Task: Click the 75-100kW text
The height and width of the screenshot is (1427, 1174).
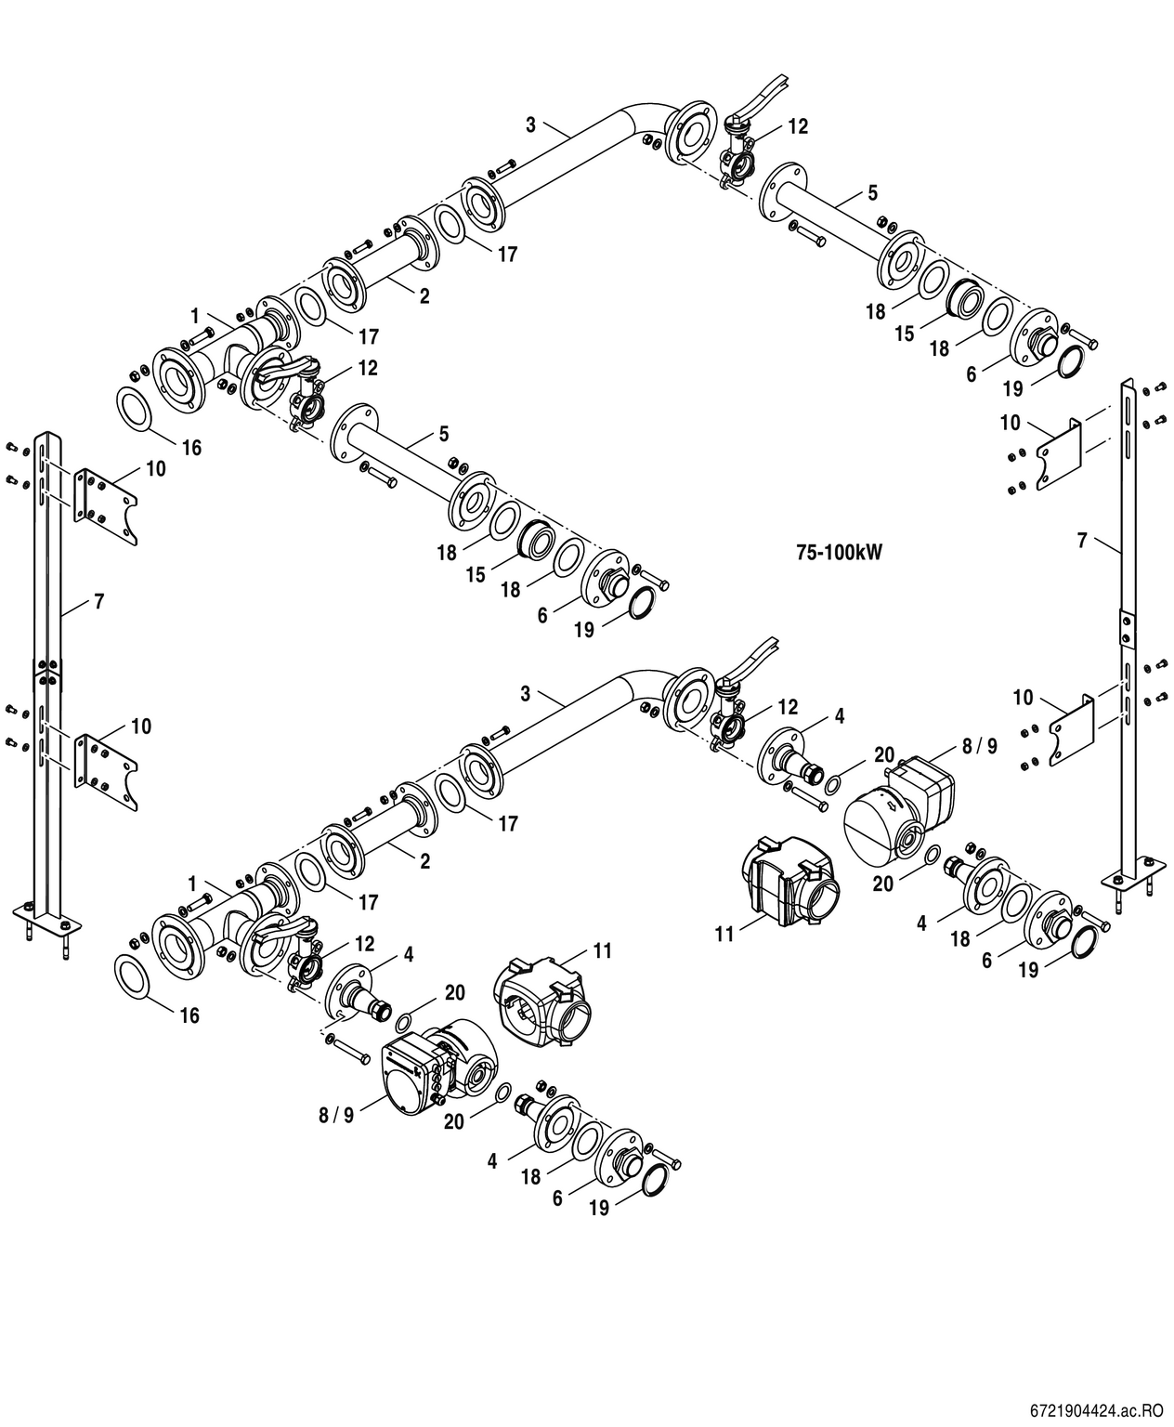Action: tap(838, 552)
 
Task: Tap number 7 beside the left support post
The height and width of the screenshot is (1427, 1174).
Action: tap(98, 602)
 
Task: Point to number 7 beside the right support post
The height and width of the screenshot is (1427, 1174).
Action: tap(1081, 540)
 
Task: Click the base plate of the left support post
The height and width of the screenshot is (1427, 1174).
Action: tap(47, 923)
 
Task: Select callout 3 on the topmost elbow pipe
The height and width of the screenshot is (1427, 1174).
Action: tap(530, 122)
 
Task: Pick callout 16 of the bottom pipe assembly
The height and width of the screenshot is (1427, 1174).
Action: tap(189, 1015)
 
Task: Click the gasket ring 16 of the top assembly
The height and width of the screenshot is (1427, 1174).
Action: tap(137, 411)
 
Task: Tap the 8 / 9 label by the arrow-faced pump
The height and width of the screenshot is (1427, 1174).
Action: tap(979, 746)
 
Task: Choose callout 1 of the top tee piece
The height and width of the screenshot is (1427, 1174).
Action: tap(195, 314)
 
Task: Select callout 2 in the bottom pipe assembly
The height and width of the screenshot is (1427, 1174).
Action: tap(424, 861)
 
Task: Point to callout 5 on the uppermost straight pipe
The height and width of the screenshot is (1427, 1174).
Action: tap(872, 193)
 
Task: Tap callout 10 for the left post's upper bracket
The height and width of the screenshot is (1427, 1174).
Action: tap(155, 468)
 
